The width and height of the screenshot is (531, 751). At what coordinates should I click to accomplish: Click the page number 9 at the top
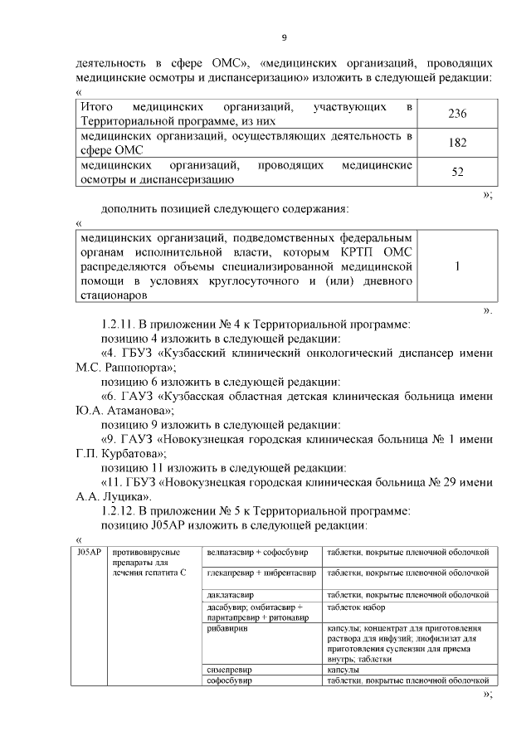click(x=284, y=38)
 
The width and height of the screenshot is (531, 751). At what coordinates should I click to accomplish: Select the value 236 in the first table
click(x=457, y=113)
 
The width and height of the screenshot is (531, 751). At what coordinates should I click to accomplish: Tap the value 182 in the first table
click(x=457, y=143)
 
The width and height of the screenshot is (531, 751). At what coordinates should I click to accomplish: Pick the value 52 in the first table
click(x=457, y=172)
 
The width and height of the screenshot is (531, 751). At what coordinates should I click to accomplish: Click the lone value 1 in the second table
click(x=457, y=266)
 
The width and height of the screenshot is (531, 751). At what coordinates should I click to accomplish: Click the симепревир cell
click(x=230, y=669)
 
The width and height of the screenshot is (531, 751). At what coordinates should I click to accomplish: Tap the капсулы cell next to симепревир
click(x=343, y=669)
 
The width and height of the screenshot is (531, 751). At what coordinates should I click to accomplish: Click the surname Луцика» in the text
click(x=128, y=496)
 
